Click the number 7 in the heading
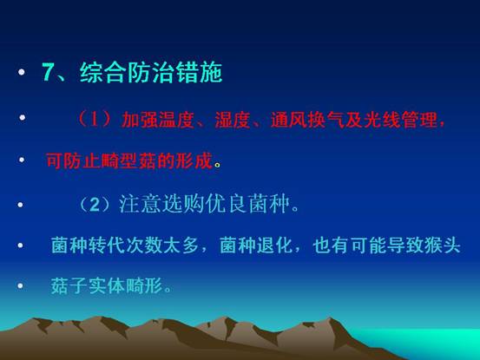point(48,72)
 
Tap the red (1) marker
point(95,120)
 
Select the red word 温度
point(175,120)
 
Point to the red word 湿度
point(233,120)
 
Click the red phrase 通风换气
point(307,120)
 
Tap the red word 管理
point(419,120)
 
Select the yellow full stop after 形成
point(217,166)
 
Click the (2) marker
point(95,205)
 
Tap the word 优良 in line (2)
point(226,204)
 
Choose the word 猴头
point(443,245)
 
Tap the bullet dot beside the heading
point(22,72)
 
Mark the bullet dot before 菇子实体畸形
point(20,286)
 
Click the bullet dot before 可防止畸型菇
point(22,160)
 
